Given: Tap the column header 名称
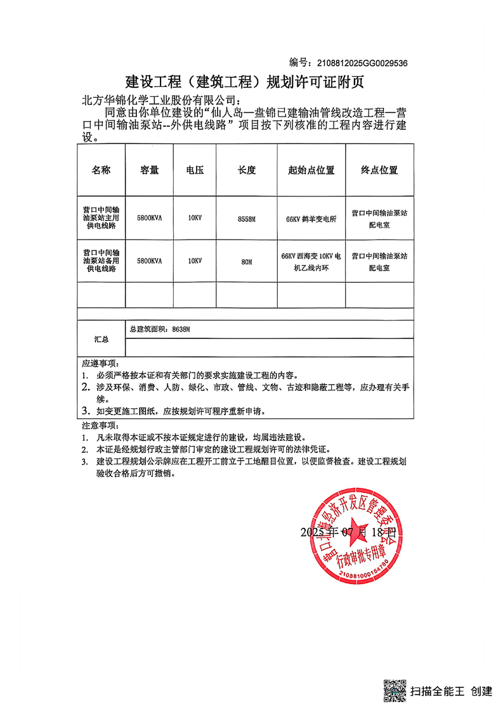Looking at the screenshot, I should pyautogui.click(x=101, y=170).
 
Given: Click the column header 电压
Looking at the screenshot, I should pyautogui.click(x=195, y=170).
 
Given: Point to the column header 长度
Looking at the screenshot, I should pyautogui.click(x=246, y=170).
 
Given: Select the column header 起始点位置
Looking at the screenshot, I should pyautogui.click(x=311, y=170).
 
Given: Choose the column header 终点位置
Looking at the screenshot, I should pyautogui.click(x=379, y=170).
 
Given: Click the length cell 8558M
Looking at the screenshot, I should pyautogui.click(x=246, y=218).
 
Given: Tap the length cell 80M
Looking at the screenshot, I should pyautogui.click(x=246, y=261).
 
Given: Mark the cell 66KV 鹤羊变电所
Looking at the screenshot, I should pyautogui.click(x=311, y=219).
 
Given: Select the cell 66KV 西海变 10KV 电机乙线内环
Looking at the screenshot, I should pyautogui.click(x=311, y=262).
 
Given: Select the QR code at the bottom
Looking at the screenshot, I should pyautogui.click(x=394, y=689).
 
